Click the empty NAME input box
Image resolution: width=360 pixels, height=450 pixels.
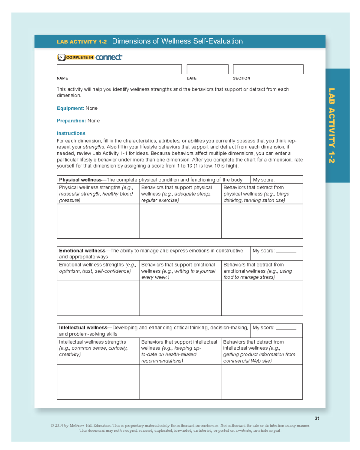click(x=119, y=69)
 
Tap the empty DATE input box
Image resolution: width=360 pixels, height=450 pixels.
click(x=207, y=69)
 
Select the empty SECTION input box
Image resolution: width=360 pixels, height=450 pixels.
click(x=268, y=69)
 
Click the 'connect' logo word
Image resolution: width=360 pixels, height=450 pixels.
click(x=109, y=57)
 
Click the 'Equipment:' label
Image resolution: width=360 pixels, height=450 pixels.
click(x=70, y=108)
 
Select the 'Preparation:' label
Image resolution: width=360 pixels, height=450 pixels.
click(x=71, y=121)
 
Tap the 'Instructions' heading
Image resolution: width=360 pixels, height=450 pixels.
click(x=71, y=133)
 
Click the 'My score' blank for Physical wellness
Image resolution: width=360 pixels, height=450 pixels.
click(x=286, y=180)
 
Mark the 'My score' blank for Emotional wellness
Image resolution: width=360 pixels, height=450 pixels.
click(x=286, y=251)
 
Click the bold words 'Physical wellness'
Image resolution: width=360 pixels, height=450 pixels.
click(x=80, y=180)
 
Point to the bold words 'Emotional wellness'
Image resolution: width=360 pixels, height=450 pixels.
click(x=82, y=251)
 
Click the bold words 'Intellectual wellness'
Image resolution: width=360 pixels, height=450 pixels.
click(x=83, y=328)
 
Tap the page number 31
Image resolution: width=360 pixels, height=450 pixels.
click(x=317, y=418)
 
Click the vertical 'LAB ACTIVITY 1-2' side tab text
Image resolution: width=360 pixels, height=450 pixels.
click(x=331, y=125)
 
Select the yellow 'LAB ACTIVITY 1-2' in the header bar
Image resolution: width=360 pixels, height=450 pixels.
click(x=82, y=42)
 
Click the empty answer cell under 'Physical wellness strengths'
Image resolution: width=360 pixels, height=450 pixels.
click(x=98, y=221)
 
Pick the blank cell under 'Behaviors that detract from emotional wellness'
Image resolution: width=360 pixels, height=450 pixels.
click(x=262, y=298)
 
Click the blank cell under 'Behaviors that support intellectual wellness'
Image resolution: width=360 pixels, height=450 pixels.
click(x=180, y=382)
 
